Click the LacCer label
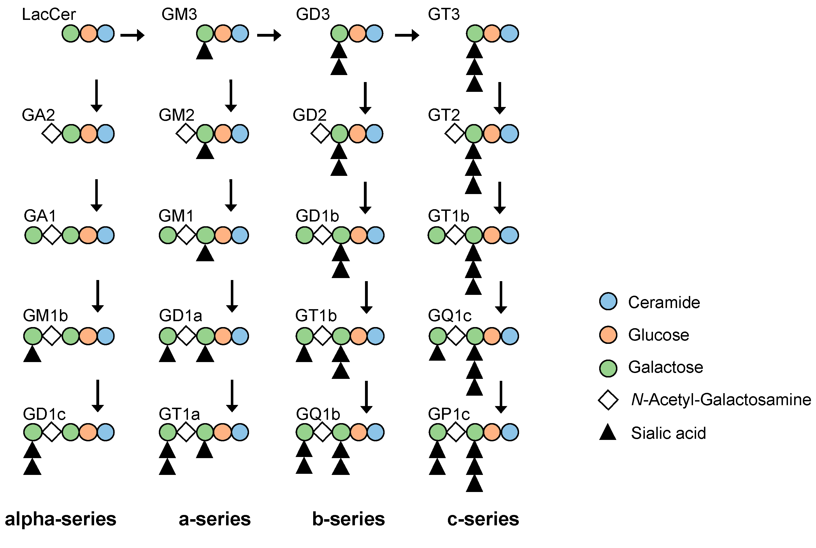[x=48, y=14]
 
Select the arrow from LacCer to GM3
[x=132, y=35]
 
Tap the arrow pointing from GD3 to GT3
[x=407, y=35]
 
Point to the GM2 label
[x=176, y=115]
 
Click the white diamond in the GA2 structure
[x=52, y=134]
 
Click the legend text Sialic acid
[x=668, y=433]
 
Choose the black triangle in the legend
[x=608, y=432]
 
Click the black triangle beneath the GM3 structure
[x=204, y=51]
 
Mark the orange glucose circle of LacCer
[x=89, y=34]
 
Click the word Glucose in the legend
[x=658, y=335]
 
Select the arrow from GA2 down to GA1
[x=96, y=195]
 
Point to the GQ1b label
[x=318, y=414]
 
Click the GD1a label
[x=180, y=316]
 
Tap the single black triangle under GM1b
[x=32, y=353]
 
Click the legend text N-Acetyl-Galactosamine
[x=721, y=400]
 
